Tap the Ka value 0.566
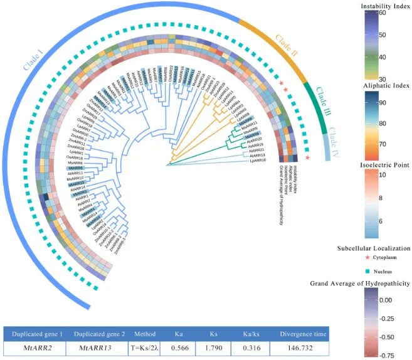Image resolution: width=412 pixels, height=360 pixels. click(172, 348)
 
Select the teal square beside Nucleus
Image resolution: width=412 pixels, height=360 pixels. click(367, 271)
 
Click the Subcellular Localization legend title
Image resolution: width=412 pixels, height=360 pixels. click(374, 248)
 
